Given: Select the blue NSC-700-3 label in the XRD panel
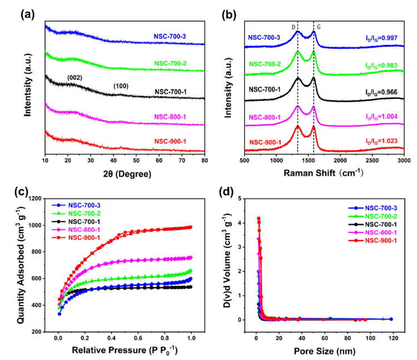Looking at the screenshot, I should click(x=170, y=37).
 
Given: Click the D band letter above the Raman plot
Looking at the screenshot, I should click(x=293, y=27).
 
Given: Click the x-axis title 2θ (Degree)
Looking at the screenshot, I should click(x=125, y=174).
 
